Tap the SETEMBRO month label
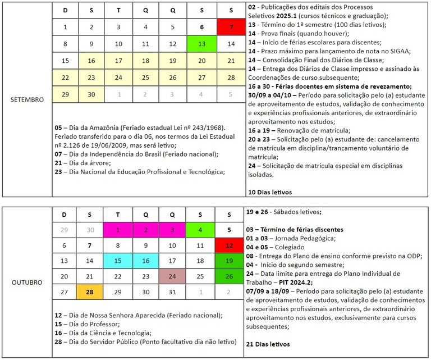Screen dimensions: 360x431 [27, 99]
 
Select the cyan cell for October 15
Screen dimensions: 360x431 [118, 261]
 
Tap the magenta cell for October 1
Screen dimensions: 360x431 [118, 229]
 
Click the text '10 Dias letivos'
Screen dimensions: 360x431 [269, 192]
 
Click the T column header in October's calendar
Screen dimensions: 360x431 [118, 214]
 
